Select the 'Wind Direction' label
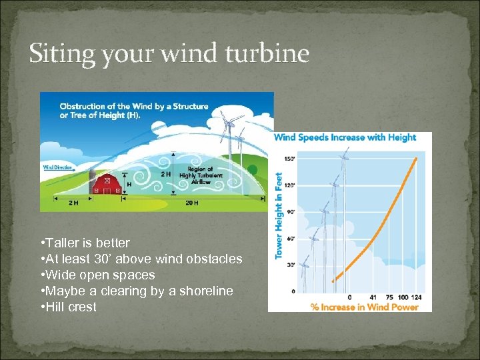point(59,167)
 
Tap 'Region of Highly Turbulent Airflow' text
point(202,174)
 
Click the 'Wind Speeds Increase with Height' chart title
point(345,137)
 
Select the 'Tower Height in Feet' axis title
point(279,216)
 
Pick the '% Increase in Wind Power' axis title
point(365,307)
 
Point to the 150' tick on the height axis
point(289,159)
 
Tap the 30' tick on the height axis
point(291,265)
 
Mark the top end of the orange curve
point(417,159)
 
